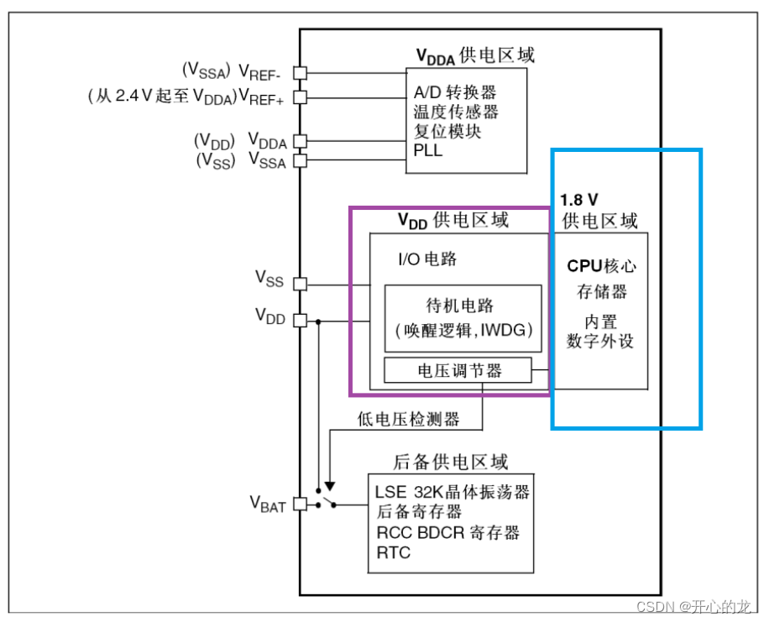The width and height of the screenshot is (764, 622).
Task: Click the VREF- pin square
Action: [300, 73]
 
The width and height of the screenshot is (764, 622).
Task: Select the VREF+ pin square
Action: [300, 97]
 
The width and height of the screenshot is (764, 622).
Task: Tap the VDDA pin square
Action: [300, 142]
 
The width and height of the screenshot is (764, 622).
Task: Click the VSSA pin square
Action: [300, 160]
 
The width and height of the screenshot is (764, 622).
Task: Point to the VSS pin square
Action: [300, 285]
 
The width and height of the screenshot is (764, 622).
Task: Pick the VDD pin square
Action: [300, 321]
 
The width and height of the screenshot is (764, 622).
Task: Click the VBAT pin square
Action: [300, 504]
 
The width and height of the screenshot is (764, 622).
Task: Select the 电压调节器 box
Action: [458, 370]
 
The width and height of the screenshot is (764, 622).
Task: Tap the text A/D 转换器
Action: [455, 92]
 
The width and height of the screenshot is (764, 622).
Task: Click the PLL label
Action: [427, 151]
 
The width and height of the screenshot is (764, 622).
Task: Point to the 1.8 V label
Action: [579, 200]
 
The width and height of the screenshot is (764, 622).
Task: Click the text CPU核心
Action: [601, 266]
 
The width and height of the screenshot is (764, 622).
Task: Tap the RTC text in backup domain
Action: [394, 553]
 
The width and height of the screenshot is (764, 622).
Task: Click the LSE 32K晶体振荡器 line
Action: [452, 492]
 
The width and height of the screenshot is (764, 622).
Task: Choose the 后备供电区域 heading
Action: [450, 463]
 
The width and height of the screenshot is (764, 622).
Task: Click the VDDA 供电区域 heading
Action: [475, 55]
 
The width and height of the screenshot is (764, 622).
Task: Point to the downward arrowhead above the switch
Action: [330, 484]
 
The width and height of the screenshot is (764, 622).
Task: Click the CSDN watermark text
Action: [693, 606]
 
